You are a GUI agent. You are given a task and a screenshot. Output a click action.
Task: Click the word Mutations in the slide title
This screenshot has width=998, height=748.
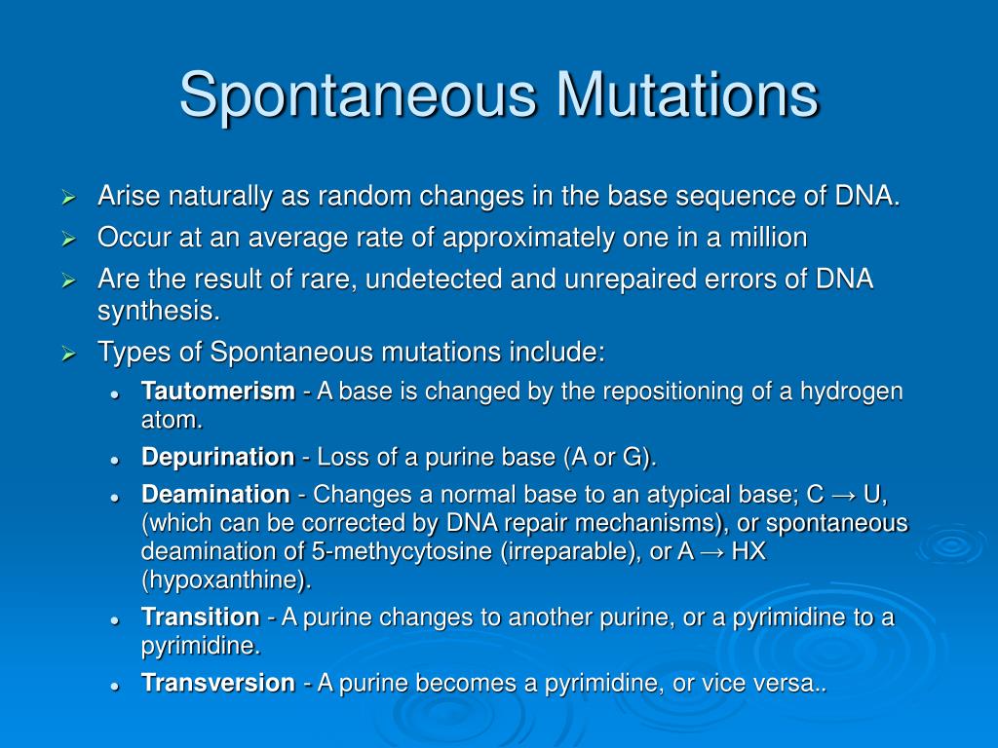(688, 95)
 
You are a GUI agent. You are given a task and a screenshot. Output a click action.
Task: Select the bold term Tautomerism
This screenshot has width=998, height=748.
(217, 392)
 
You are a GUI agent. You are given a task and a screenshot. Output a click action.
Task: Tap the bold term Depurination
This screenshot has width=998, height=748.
(217, 457)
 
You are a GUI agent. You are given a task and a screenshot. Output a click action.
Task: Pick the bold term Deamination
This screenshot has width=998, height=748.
(215, 494)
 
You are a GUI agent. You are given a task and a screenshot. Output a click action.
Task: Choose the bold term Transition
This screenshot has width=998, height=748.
(200, 617)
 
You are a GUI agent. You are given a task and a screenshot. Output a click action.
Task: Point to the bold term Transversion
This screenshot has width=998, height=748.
(217, 683)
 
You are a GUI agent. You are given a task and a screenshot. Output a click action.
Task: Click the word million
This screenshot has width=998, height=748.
(769, 238)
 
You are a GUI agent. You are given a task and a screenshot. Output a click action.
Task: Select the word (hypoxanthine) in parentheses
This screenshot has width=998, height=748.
(226, 580)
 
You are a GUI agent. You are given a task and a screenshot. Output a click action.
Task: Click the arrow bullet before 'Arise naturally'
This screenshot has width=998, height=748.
(68, 198)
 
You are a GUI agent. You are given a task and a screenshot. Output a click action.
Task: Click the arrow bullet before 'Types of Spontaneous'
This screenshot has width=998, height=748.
(68, 353)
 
